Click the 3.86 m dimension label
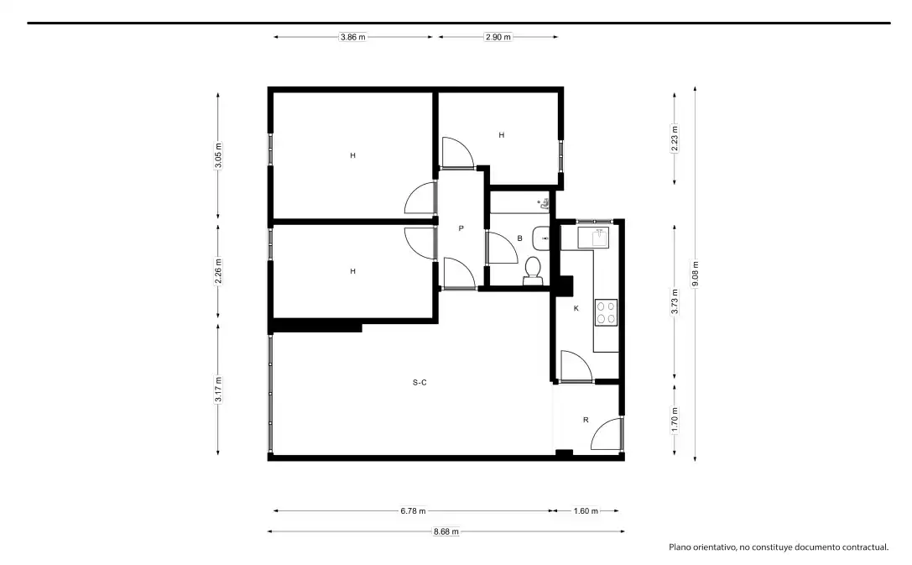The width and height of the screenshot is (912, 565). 353,37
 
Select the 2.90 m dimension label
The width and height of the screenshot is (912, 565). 498,37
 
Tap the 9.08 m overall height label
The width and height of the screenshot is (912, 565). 695,274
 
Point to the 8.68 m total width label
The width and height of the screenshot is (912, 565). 446,531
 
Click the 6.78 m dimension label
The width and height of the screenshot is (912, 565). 413,511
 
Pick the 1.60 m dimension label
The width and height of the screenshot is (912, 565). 586,511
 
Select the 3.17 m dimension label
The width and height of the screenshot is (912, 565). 218,390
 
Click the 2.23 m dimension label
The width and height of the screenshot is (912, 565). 675,139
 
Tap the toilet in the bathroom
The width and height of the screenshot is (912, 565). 533,271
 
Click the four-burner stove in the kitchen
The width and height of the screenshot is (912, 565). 606,312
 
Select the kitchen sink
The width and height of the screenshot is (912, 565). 592,238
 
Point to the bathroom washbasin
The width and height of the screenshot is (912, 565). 541,238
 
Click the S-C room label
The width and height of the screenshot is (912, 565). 420,382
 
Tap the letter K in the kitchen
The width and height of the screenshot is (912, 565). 576,308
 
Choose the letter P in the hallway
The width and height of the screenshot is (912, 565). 461,228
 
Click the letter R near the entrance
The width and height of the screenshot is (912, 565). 586,420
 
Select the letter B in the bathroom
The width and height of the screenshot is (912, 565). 520,238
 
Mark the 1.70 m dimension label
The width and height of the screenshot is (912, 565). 675,420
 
